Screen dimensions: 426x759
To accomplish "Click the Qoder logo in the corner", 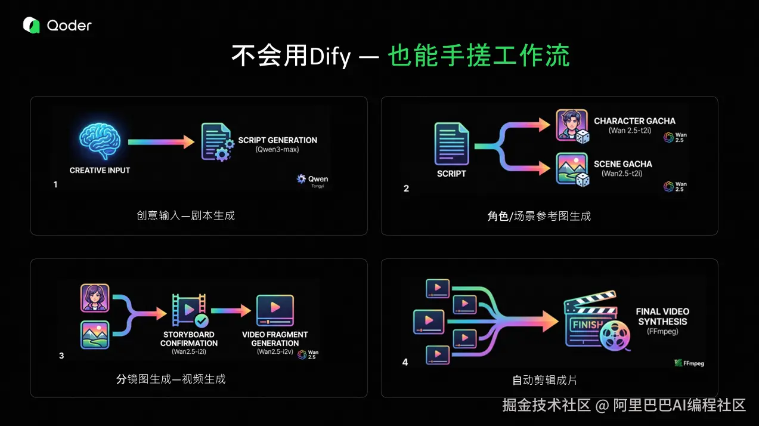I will click(x=57, y=25).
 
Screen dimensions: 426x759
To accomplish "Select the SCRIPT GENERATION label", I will click(x=277, y=140).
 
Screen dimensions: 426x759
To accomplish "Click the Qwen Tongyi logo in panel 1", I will click(x=312, y=180).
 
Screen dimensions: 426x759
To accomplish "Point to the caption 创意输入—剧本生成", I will click(x=185, y=215).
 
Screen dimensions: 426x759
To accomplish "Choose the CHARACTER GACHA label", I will click(x=634, y=121).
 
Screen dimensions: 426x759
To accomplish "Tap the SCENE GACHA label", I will click(x=622, y=164).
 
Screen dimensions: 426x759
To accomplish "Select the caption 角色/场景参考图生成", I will click(x=539, y=215).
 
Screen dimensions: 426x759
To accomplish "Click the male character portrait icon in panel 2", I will click(x=572, y=125).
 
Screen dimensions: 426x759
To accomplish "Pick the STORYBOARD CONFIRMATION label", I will click(x=188, y=339).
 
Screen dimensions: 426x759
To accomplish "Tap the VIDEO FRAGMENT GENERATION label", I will click(x=275, y=339).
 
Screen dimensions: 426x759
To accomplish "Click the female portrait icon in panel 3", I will click(x=95, y=298).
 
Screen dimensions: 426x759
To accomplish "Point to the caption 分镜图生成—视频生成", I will click(x=171, y=379).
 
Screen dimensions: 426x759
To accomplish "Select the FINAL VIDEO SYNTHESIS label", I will click(x=662, y=316).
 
